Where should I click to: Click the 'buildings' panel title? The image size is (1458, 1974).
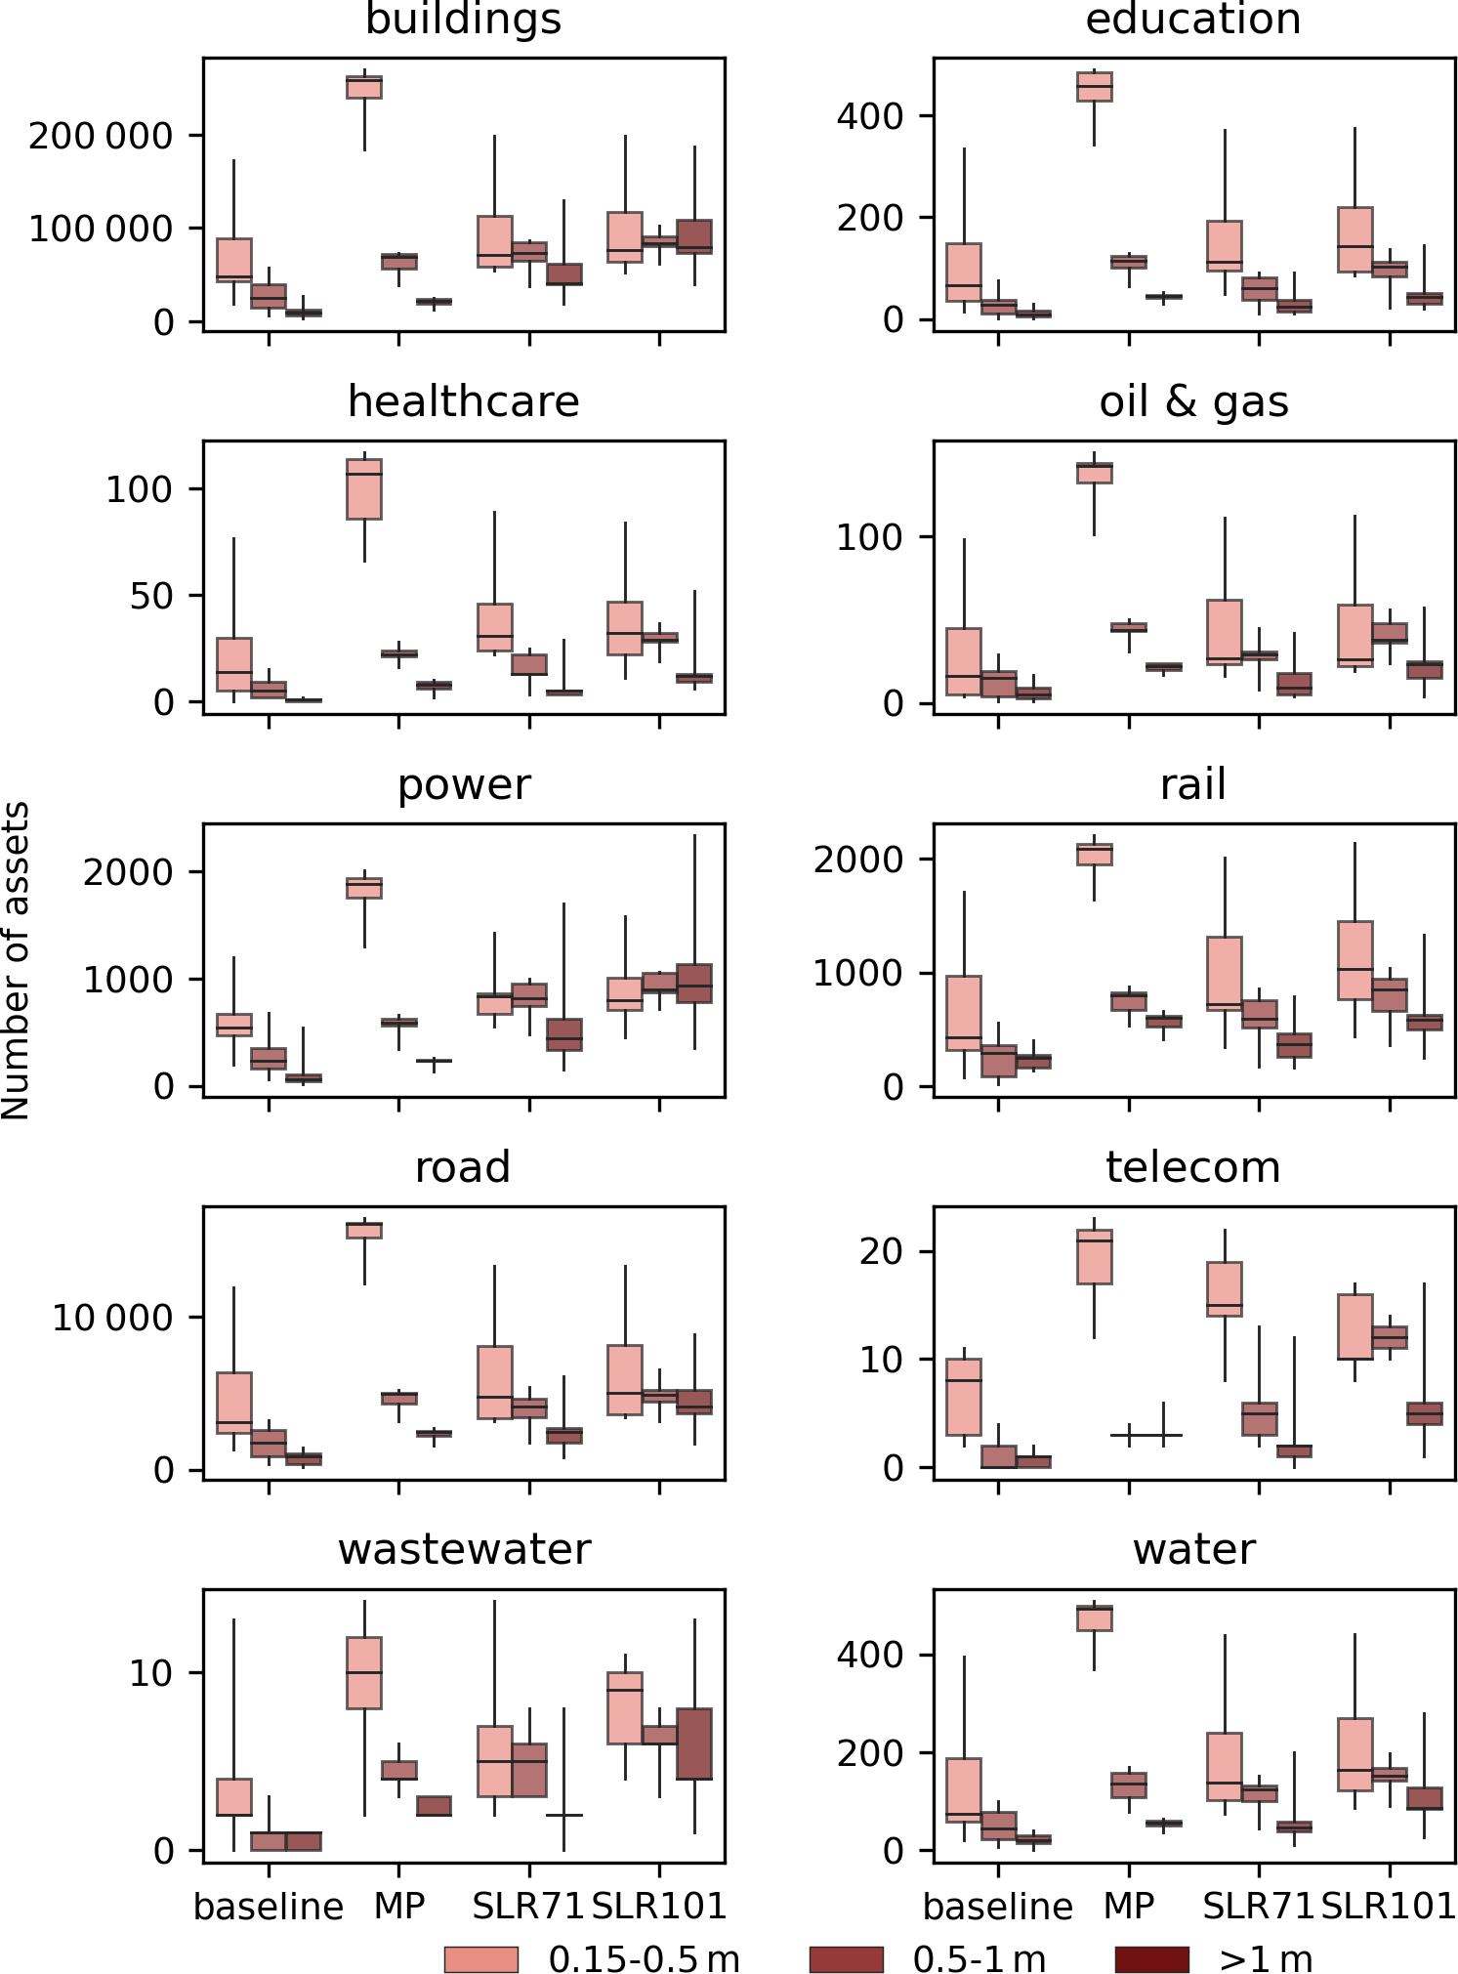point(463,20)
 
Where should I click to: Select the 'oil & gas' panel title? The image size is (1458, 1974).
point(1193,401)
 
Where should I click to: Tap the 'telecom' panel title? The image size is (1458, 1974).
point(1192,1167)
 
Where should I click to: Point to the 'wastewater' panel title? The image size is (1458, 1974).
point(464,1549)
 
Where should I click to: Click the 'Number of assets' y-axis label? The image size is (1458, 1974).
point(17,960)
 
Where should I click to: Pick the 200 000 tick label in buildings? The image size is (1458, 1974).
point(101,136)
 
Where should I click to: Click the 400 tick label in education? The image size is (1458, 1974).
point(870,116)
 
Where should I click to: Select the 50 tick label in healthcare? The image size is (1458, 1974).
point(151,595)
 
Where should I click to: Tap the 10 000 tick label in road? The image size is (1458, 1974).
point(112,1318)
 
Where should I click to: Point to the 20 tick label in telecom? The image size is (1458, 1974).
point(881,1251)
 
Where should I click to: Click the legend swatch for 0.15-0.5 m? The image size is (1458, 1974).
point(480,1958)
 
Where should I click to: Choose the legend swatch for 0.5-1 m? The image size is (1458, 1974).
point(846,1958)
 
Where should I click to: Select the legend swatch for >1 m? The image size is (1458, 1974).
point(1151,1958)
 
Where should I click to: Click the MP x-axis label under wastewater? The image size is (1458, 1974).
point(399,1906)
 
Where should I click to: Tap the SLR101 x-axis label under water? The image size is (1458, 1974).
point(1389,1906)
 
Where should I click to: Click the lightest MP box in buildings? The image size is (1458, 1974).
point(364,87)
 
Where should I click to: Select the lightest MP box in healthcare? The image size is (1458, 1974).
point(364,488)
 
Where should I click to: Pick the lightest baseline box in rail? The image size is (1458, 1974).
point(964,1013)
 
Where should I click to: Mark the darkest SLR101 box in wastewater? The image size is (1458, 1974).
point(694,1743)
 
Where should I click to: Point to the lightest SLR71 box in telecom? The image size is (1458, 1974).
point(1225,1289)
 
